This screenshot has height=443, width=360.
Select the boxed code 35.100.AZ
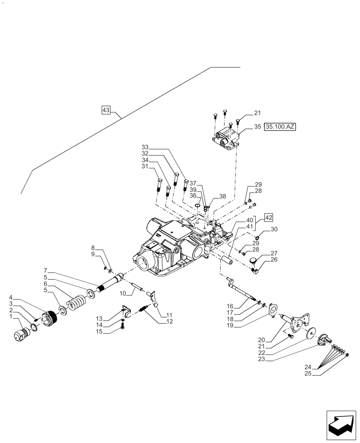click(x=280, y=127)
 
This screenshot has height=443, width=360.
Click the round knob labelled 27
click(x=254, y=261)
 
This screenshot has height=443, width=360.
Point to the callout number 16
click(x=242, y=306)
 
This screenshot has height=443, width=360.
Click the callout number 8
click(x=93, y=248)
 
